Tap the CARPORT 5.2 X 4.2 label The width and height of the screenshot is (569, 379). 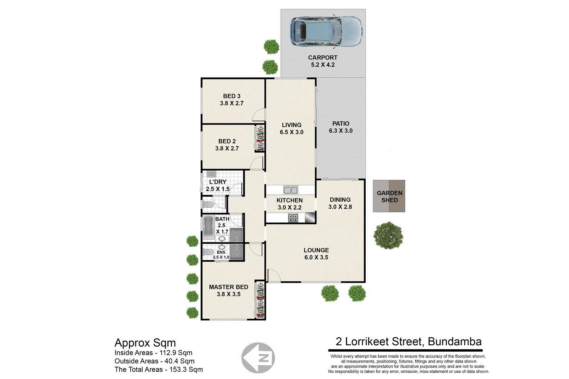click(322, 61)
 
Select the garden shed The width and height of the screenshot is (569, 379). click(389, 196)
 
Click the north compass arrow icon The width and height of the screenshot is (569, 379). click(258, 358)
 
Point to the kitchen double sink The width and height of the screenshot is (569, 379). click(290, 190)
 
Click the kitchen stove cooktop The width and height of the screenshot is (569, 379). click(293, 218)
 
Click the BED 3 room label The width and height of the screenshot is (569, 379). click(231, 100)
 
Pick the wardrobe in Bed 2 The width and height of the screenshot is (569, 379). click(260, 139)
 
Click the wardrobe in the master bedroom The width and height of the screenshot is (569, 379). click(260, 300)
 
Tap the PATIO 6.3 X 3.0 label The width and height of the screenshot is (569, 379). click(340, 127)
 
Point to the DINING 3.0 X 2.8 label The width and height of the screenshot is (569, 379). click(340, 203)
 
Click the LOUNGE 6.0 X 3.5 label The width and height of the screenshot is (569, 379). click(316, 254)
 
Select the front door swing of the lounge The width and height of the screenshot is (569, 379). click(273, 275)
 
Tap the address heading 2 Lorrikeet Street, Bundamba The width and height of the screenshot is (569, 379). click(408, 341)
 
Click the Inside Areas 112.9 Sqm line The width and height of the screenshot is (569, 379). click(153, 353)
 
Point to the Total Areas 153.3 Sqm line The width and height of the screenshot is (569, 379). click(158, 370)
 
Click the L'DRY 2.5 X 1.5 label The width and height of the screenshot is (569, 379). click(217, 185)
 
